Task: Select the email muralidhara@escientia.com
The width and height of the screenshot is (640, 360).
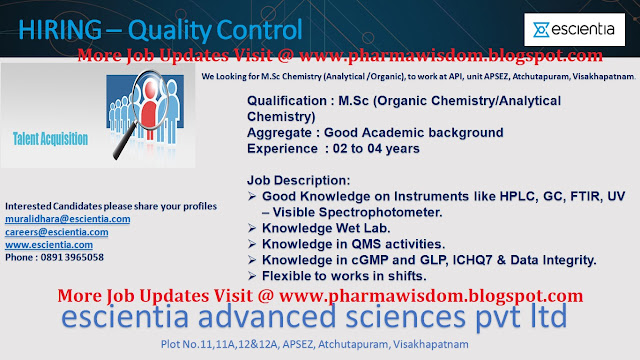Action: coord(68,218)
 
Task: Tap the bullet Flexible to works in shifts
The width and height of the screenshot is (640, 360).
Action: coord(346,275)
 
